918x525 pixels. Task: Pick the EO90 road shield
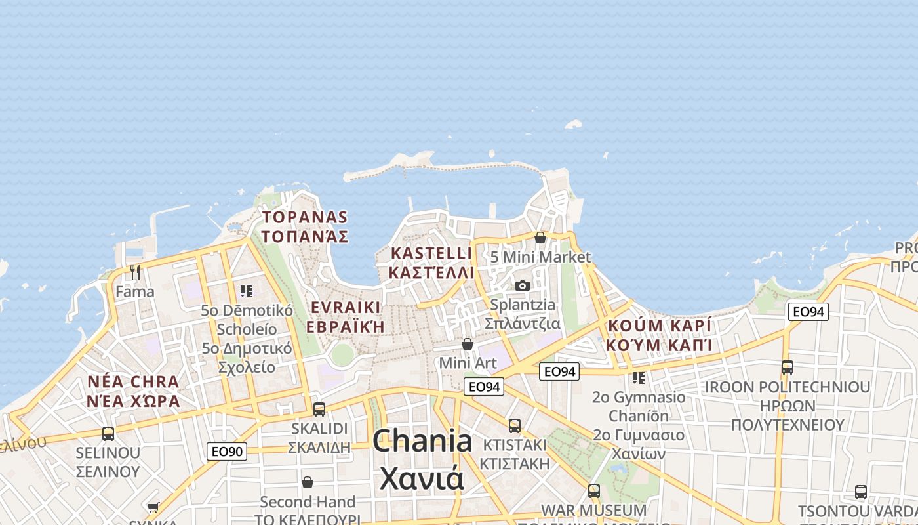pyautogui.click(x=227, y=451)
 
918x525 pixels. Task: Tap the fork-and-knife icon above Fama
pyautogui.click(x=135, y=272)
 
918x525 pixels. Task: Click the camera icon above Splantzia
pyautogui.click(x=523, y=285)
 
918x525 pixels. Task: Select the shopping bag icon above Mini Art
pyautogui.click(x=468, y=344)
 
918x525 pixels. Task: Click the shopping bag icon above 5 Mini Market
pyautogui.click(x=540, y=238)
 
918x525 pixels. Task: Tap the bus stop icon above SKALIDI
pyautogui.click(x=319, y=409)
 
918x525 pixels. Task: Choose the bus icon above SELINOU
pyautogui.click(x=108, y=433)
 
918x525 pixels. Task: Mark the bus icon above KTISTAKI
pyautogui.click(x=515, y=425)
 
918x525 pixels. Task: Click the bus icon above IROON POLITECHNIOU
pyautogui.click(x=788, y=367)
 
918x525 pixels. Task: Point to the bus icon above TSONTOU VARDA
pyautogui.click(x=861, y=492)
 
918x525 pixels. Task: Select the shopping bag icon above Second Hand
pyautogui.click(x=308, y=482)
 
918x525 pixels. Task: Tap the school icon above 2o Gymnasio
pyautogui.click(x=638, y=377)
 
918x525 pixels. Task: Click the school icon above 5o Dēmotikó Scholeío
pyautogui.click(x=247, y=291)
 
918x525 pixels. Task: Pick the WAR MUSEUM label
pyautogui.click(x=593, y=510)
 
